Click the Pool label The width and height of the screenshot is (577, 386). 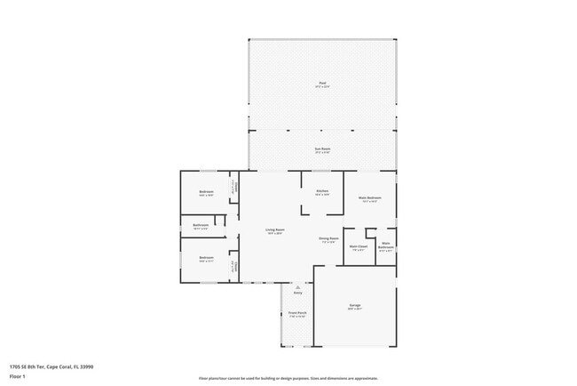click(x=323, y=84)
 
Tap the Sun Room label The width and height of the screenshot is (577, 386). click(x=323, y=149)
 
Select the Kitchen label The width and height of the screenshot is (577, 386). click(x=322, y=192)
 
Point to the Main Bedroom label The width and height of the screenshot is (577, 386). click(x=369, y=198)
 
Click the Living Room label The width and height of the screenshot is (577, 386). click(x=275, y=231)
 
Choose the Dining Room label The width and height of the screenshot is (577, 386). click(x=328, y=239)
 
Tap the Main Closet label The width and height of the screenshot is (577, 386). click(x=359, y=247)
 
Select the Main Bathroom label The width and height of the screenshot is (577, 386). click(x=386, y=246)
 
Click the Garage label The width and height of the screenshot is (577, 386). click(x=354, y=306)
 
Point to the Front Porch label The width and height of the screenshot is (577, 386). click(x=297, y=314)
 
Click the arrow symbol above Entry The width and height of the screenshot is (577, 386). click(x=297, y=287)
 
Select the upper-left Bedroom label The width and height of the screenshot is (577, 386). click(x=205, y=192)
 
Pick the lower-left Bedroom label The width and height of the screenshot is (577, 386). click(x=205, y=259)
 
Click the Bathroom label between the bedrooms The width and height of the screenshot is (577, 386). click(x=201, y=226)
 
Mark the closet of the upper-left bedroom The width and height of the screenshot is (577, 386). click(x=234, y=188)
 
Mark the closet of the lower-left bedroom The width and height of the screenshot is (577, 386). click(x=234, y=265)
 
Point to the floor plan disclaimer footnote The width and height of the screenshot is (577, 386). click(x=288, y=378)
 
